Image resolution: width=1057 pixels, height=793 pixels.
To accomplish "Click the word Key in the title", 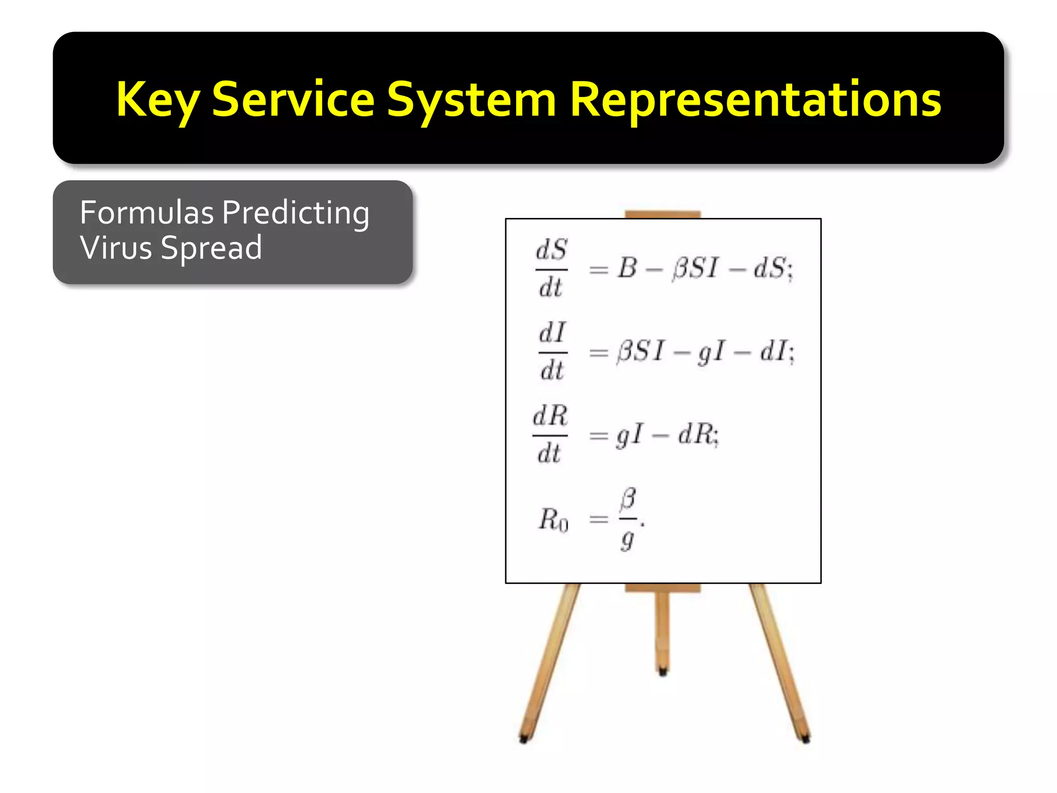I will coord(157,101).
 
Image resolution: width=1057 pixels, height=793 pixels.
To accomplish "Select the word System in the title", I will coord(471,101).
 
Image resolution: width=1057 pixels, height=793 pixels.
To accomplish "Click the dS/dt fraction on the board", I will coord(551,268).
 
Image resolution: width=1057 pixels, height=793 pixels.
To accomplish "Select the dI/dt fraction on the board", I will coord(552,352).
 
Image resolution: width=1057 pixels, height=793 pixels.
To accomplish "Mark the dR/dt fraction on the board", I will coord(550,435).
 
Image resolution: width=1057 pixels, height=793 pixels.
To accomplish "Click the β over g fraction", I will coord(628,518).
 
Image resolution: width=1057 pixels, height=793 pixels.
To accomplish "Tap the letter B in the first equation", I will coord(627,268).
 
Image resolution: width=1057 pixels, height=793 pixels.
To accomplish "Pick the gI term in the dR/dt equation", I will coord(630,435).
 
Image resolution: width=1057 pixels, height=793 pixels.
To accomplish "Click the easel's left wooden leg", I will coord(550,663).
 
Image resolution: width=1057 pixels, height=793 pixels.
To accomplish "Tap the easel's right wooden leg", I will coord(779,663).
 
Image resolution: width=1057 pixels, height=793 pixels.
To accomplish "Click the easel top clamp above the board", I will coord(663,214).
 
